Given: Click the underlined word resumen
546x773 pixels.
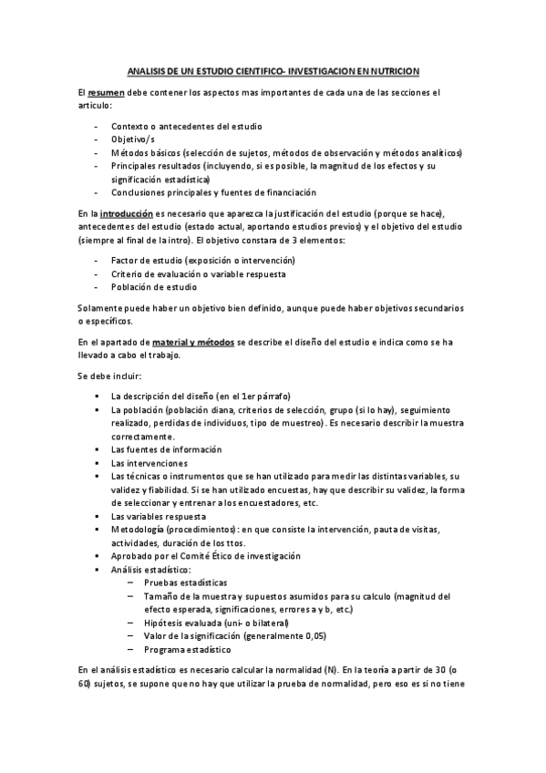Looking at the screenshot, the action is pyautogui.click(x=106, y=93).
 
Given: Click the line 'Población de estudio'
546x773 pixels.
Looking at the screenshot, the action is pyautogui.click(x=154, y=287).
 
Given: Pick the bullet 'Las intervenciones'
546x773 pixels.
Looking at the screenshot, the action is pyautogui.click(x=149, y=463).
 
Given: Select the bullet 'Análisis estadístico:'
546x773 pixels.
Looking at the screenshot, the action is pyautogui.click(x=151, y=570).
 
